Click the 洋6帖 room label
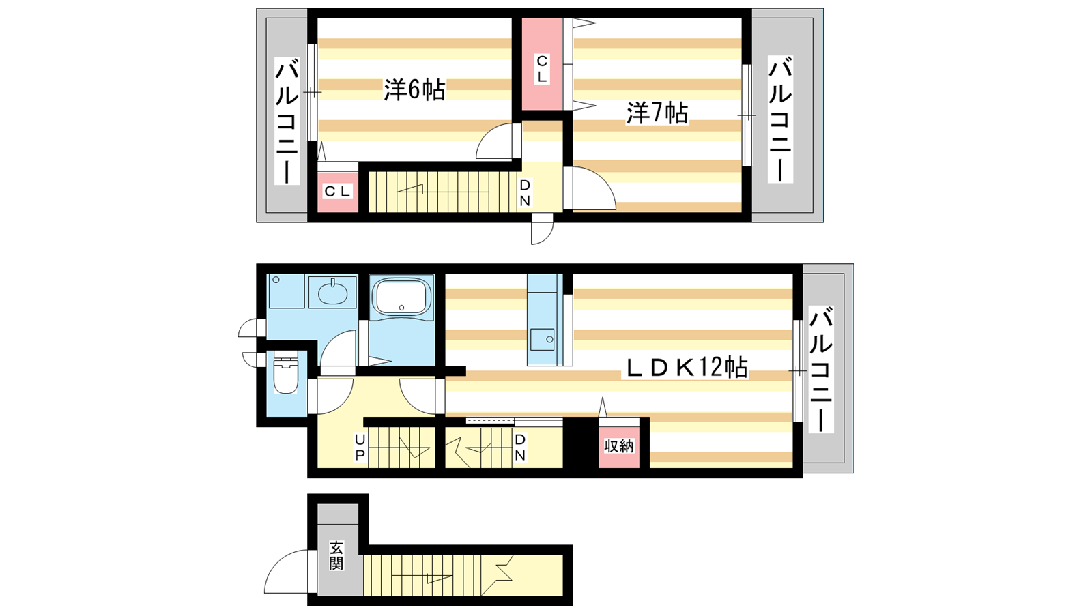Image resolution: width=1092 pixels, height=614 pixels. (414, 89)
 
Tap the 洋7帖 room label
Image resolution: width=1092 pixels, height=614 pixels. (657, 113)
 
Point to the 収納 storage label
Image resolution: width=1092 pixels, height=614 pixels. (619, 445)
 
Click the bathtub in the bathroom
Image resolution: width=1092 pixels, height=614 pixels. (401, 296)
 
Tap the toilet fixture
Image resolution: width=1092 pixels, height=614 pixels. (285, 372)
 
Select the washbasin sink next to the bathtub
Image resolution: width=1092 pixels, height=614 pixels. (332, 293)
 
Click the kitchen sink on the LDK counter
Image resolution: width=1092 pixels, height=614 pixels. (542, 339)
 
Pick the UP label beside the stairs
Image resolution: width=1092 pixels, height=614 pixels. (360, 448)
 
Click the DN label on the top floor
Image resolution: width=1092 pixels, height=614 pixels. (525, 193)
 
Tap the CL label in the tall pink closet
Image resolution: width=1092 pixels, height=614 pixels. (542, 69)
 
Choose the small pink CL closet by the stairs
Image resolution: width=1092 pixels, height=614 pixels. (338, 192)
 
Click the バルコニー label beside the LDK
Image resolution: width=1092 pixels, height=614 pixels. (821, 369)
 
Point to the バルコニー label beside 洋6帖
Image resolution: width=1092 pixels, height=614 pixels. (287, 121)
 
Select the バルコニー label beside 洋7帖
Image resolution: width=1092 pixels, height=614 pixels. (781, 119)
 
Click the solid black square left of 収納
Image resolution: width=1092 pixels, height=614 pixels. (581, 443)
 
